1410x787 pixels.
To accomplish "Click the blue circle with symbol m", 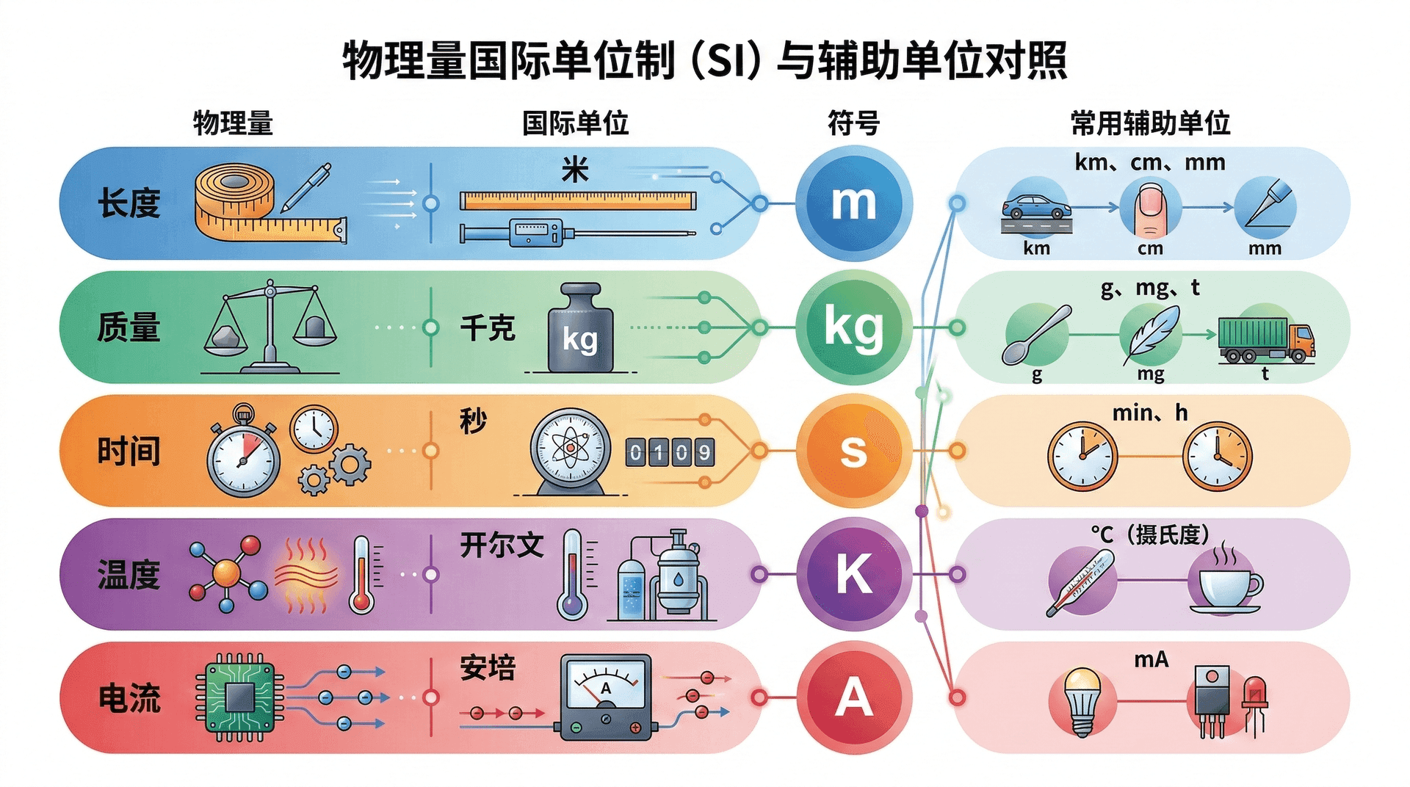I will pos(853,203).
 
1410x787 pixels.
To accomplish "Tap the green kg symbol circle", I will pos(853,327).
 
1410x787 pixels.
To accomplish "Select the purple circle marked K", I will pos(853,574).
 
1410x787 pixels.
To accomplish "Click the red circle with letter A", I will pos(853,697).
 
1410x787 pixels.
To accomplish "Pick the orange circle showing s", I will pos(853,451).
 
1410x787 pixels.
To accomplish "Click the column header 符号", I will pos(853,123).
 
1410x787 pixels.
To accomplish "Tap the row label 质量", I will pos(129,327).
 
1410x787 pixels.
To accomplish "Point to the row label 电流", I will pos(129,697).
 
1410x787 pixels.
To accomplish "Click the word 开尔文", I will pos(502,545).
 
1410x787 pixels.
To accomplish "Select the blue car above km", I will pos(1036,207).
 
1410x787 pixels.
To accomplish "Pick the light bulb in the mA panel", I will pos(1082,700).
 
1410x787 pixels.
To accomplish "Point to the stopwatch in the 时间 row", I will pos(243,455).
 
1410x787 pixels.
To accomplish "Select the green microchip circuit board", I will pos(239,697).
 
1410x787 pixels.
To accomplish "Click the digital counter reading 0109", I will pos(670,452).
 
